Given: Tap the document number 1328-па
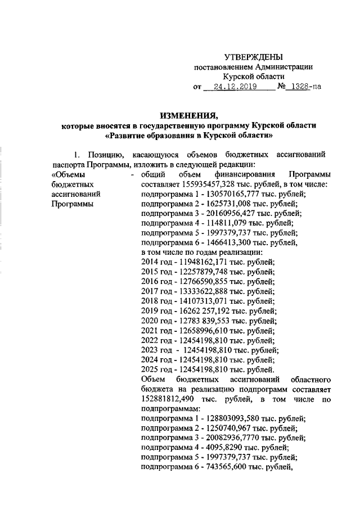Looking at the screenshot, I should [304, 87].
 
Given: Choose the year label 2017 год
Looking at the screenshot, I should [157, 291].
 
